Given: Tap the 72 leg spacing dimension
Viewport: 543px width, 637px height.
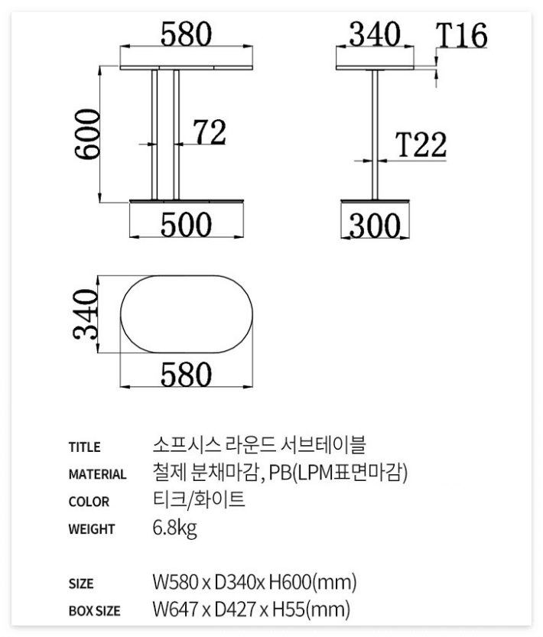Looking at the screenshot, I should (208, 132).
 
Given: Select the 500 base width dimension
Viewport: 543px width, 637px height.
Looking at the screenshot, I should (185, 225).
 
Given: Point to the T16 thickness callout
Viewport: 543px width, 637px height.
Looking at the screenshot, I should (462, 35).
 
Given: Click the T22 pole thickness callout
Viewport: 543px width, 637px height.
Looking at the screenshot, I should (421, 145).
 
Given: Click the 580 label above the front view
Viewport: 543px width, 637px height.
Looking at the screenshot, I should (186, 34).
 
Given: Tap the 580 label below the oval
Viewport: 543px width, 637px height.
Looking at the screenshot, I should (185, 375).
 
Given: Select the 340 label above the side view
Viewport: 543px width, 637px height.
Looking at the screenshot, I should (375, 34).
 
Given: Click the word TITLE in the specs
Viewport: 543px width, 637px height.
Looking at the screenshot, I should (84, 447).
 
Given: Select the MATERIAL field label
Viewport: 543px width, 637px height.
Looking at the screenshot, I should (98, 474).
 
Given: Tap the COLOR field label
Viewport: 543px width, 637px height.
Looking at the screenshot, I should (89, 502).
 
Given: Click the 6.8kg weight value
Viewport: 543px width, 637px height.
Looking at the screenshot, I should (175, 528).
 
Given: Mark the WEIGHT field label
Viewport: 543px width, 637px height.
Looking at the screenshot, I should (92, 529).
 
